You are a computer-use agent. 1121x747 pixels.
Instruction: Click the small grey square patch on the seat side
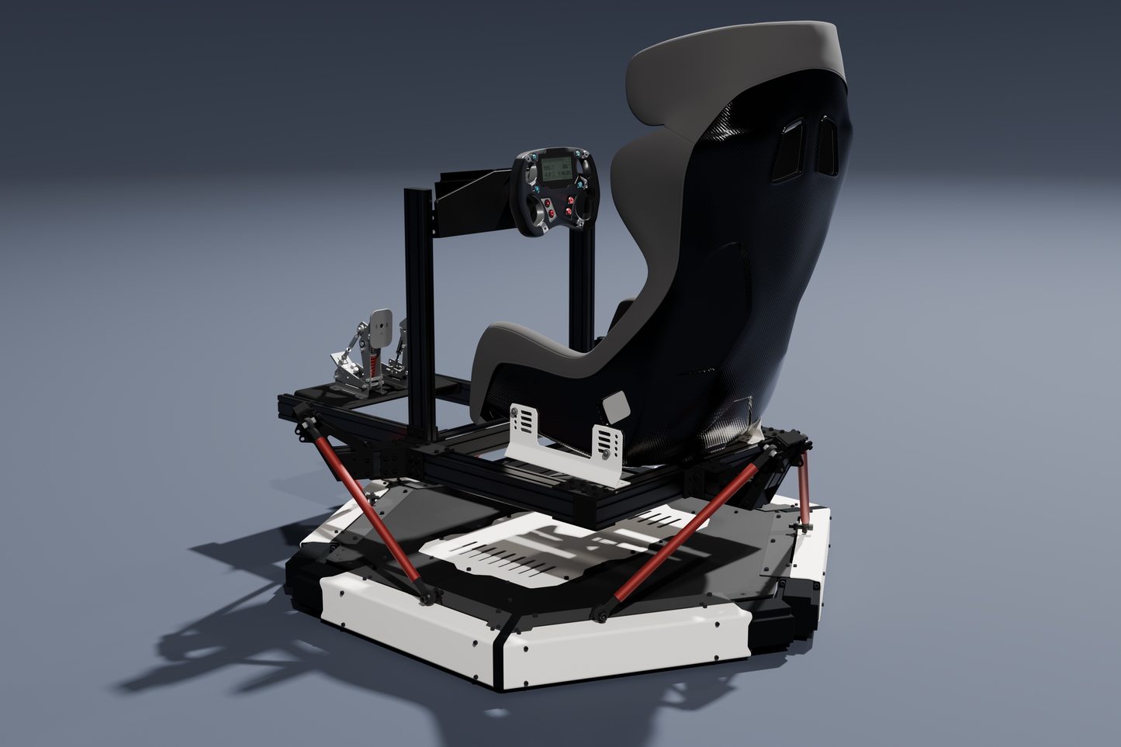click(618, 406)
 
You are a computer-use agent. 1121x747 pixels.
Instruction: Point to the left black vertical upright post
click(417, 310)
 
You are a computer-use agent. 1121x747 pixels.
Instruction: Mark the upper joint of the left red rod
click(309, 427)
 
